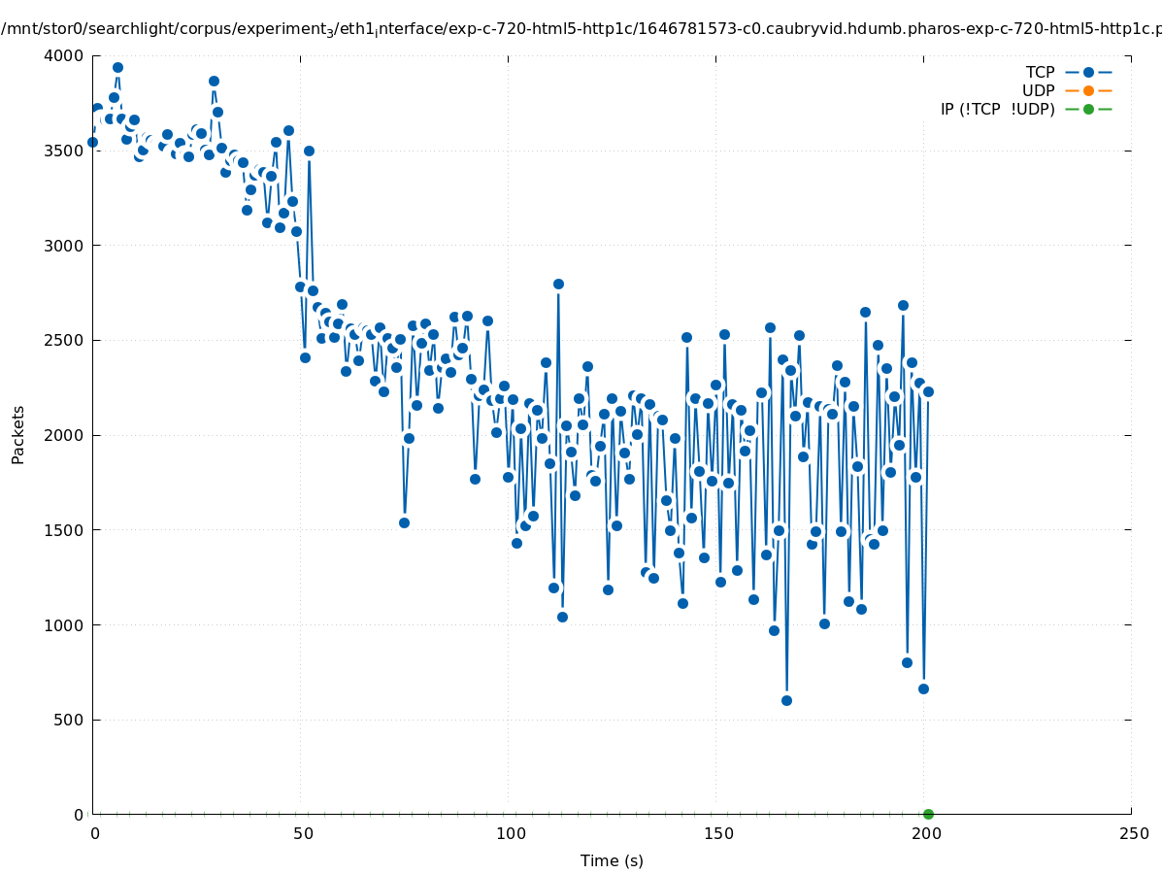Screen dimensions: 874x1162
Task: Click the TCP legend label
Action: click(x=1040, y=72)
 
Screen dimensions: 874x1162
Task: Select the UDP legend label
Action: click(x=1038, y=90)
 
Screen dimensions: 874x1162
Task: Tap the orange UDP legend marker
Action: click(x=1088, y=90)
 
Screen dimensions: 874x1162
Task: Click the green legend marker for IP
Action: click(x=1088, y=109)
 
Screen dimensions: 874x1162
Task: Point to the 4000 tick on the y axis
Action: click(x=65, y=55)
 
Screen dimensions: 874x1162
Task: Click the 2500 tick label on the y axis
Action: click(x=65, y=340)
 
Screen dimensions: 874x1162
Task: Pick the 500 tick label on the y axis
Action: click(x=69, y=720)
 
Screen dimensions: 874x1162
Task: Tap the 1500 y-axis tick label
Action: click(x=65, y=530)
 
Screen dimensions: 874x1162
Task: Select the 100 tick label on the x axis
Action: click(x=511, y=833)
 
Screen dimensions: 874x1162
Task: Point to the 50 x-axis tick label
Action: click(x=303, y=833)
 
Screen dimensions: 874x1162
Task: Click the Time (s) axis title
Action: click(x=612, y=860)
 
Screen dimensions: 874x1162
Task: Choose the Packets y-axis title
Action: click(x=18, y=434)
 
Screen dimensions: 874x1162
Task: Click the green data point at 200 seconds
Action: click(x=928, y=814)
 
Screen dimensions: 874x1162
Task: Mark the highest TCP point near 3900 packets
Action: click(x=117, y=67)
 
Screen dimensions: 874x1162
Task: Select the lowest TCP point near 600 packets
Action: click(x=786, y=700)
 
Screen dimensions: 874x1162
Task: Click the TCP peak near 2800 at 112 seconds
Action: click(x=558, y=284)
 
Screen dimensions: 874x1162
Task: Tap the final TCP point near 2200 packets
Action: click(x=928, y=391)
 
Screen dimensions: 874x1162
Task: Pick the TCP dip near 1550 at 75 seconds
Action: click(x=404, y=522)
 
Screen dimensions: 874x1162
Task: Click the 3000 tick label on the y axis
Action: click(x=65, y=245)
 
